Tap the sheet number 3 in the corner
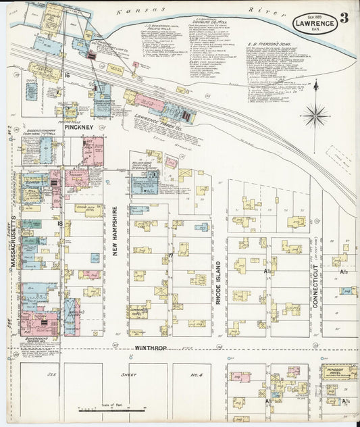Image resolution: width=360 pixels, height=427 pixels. click(x=345, y=18)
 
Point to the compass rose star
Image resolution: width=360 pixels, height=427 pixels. click(x=315, y=116)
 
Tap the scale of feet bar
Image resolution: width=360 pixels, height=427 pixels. click(x=112, y=409)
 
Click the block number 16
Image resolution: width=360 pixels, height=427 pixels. click(x=67, y=76)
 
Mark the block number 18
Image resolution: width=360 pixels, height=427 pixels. click(x=59, y=223)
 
